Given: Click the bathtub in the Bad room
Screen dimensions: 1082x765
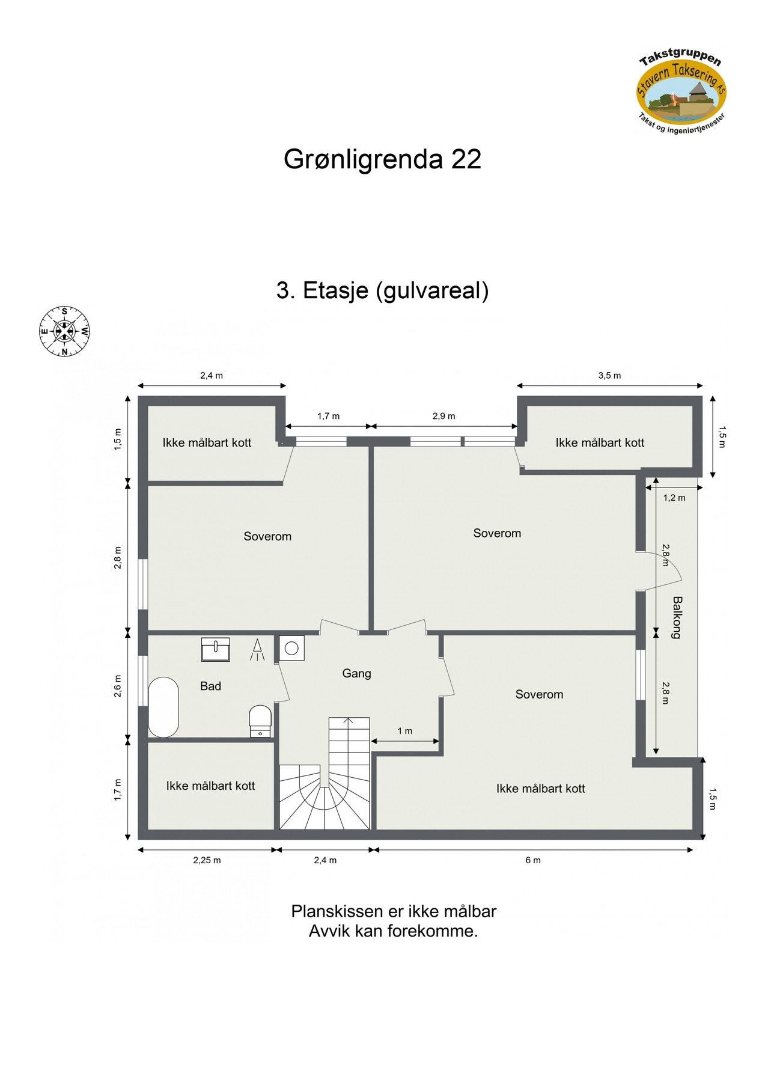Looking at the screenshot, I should pyautogui.click(x=163, y=708).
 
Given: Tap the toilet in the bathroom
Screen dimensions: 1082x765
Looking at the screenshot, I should pyautogui.click(x=260, y=718).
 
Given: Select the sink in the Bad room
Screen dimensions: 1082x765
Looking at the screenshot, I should pyautogui.click(x=215, y=650).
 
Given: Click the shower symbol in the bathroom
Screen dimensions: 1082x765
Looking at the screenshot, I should pyautogui.click(x=257, y=650).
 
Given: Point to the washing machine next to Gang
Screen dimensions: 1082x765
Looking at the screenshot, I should pyautogui.click(x=292, y=648).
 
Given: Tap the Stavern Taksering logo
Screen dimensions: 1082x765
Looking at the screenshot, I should pyautogui.click(x=681, y=94).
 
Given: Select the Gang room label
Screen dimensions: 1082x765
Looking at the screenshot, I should pyautogui.click(x=356, y=673).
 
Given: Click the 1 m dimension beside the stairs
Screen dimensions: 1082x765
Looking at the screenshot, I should pyautogui.click(x=405, y=731).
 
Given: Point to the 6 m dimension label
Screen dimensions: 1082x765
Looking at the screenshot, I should pyautogui.click(x=533, y=860).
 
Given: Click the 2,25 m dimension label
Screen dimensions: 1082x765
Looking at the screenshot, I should pyautogui.click(x=207, y=860).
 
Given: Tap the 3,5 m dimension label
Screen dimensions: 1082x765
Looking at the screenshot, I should pyautogui.click(x=609, y=376).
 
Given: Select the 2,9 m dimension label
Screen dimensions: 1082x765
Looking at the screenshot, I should pyautogui.click(x=443, y=416).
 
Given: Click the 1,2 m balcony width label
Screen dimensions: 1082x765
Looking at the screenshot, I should pyautogui.click(x=674, y=498).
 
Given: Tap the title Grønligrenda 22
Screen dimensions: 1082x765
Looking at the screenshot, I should pyautogui.click(x=382, y=159).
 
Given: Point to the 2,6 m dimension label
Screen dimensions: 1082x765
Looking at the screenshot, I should pyautogui.click(x=118, y=686).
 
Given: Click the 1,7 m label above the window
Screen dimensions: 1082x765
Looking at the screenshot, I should pyautogui.click(x=328, y=416).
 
